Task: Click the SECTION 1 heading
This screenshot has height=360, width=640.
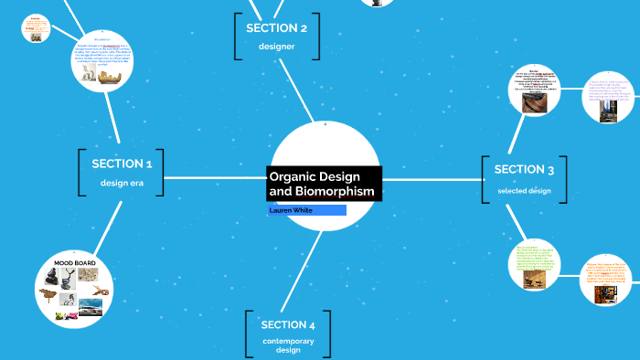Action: [122, 164]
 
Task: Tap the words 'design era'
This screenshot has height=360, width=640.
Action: [122, 183]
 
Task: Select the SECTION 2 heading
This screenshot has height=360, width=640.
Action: [276, 28]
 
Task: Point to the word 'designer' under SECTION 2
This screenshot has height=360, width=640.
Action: [276, 46]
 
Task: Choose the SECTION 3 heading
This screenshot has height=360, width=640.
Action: [524, 169]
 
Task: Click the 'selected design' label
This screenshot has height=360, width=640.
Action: [524, 190]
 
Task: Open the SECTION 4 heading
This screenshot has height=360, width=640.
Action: [288, 324]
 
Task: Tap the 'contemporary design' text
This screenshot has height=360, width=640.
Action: [288, 345]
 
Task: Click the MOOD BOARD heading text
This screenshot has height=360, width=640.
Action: [75, 263]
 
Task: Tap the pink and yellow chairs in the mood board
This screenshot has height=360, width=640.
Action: [64, 315]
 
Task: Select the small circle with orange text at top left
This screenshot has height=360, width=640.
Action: [36, 30]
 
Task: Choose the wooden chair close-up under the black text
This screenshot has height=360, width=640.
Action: [534, 102]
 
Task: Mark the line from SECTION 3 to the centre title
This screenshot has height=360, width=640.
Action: [430, 177]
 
